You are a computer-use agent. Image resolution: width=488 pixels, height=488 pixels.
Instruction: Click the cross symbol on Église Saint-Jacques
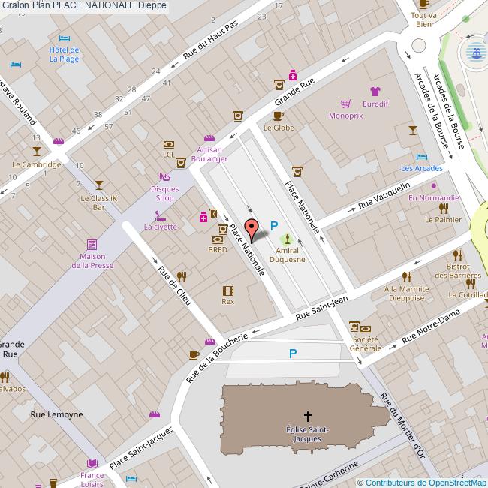pos(307,415)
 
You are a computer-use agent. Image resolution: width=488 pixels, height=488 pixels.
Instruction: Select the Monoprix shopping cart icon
pos(345,104)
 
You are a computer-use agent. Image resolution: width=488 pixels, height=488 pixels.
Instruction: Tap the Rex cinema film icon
pos(227,290)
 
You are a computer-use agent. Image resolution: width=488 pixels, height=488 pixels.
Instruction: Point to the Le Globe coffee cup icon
pos(278,116)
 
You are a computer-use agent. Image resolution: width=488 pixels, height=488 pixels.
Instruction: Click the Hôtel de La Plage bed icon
pos(64,38)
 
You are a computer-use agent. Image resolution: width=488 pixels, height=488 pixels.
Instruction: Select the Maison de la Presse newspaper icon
pos(92,245)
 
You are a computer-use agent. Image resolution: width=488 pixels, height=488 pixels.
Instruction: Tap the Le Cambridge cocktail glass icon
pos(38,152)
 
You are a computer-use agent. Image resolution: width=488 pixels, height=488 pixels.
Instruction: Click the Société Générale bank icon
pos(365,329)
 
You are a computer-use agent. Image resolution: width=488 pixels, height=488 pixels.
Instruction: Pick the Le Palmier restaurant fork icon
pos(443,208)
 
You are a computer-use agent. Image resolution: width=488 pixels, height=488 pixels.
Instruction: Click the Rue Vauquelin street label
pos(384,195)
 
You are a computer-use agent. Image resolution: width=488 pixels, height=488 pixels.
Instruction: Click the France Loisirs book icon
pos(92,463)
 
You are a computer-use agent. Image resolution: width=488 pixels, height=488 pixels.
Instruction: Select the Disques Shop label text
pos(164,194)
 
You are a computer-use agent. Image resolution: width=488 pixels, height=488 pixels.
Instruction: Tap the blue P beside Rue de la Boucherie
pos(293,354)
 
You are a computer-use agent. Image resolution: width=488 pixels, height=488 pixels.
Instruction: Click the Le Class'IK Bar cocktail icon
pos(98,185)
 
